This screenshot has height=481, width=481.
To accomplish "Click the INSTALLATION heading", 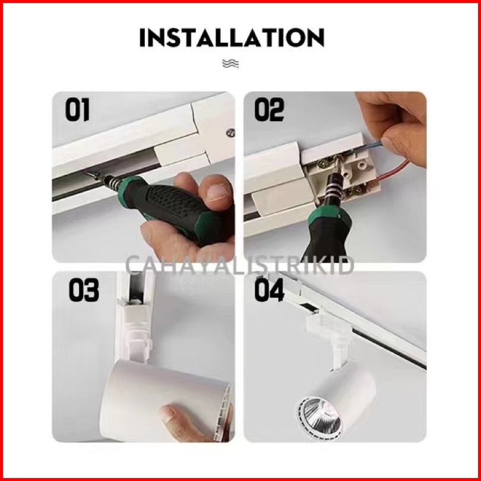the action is point(232,37).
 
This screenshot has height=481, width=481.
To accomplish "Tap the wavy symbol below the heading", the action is point(230,64).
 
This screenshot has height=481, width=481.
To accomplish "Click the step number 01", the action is point(77,109).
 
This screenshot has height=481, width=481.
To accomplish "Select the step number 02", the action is point(270,109).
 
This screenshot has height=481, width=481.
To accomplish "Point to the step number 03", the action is point(84,290).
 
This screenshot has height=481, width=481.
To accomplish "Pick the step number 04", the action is point(270,290).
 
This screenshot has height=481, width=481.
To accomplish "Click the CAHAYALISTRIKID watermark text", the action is point(240,265).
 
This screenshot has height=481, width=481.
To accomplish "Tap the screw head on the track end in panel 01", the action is point(230,132).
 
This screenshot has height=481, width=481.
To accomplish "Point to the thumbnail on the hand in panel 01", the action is point(217,192).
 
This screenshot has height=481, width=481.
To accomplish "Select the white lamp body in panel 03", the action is point(166,400).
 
